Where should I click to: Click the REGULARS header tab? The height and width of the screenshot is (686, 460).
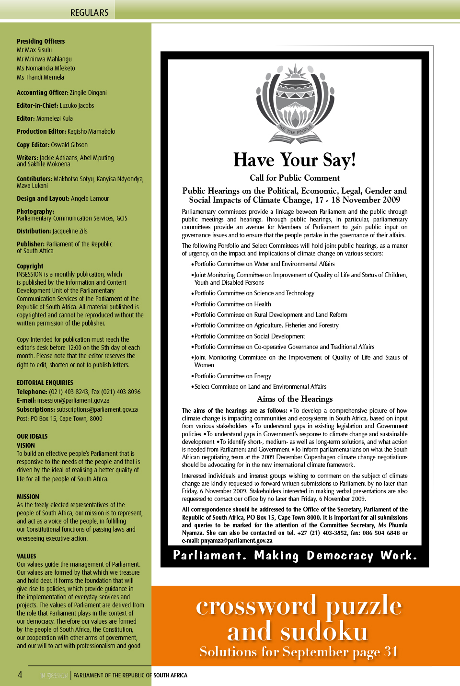89,12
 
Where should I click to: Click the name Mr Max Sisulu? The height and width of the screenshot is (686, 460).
34,50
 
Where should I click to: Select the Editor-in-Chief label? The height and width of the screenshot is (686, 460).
38,105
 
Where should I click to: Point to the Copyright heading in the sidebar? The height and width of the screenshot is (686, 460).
30,266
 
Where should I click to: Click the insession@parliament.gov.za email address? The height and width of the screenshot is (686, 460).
73,400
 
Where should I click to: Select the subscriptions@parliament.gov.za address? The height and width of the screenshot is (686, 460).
97,409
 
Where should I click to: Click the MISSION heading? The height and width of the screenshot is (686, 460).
28,497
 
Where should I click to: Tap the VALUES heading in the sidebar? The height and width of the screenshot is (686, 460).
26,556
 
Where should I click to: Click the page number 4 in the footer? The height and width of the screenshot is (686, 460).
20,674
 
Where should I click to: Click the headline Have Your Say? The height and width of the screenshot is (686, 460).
295,160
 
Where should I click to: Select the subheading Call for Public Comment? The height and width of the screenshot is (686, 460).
295,178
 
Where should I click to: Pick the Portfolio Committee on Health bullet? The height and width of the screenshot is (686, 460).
232,304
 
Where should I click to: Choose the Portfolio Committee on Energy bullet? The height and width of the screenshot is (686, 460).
232,376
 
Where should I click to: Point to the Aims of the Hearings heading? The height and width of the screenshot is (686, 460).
295,399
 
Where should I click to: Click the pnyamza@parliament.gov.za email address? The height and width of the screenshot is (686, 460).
237,540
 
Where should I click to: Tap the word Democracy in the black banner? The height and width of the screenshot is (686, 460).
340,556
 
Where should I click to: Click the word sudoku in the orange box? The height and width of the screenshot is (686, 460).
324,631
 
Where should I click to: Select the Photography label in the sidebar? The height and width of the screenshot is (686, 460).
35,211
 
